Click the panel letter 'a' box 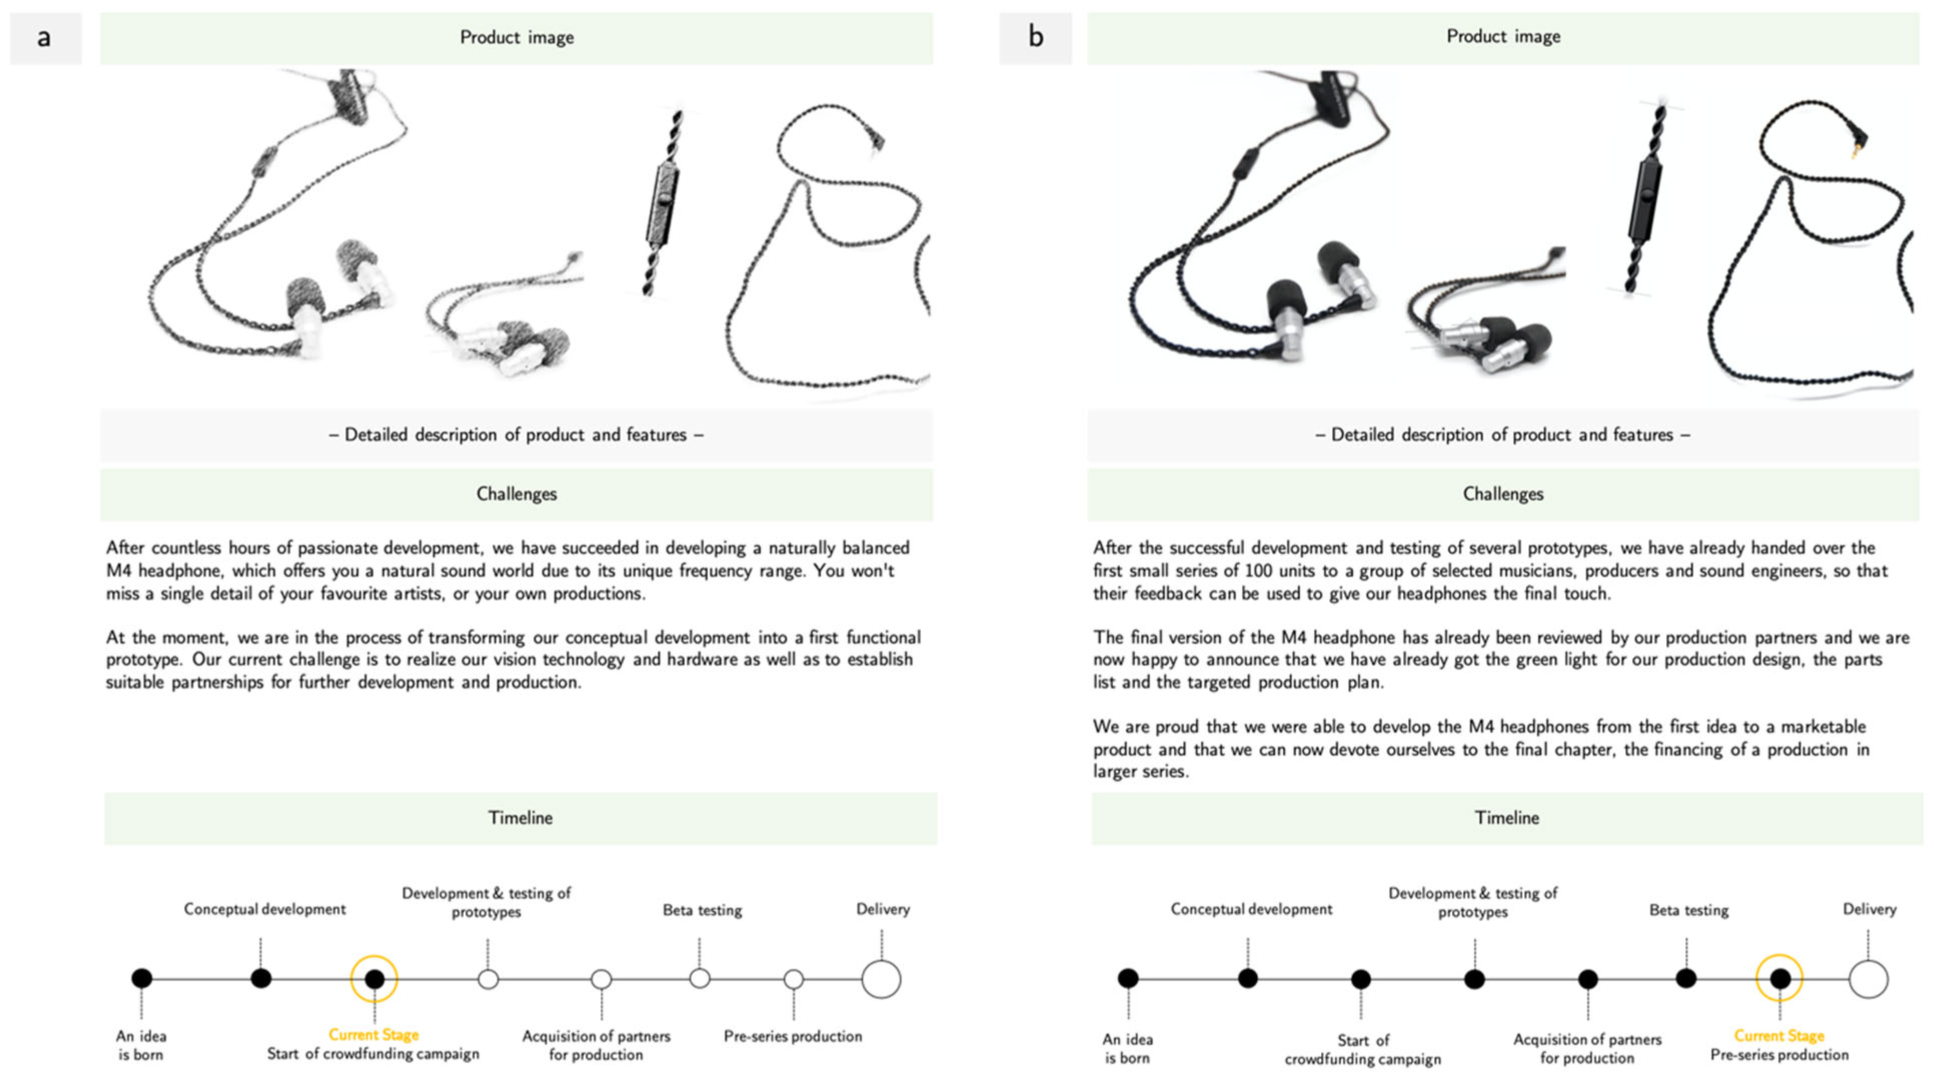(45, 37)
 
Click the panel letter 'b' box (1036, 37)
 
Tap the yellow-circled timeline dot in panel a (374, 978)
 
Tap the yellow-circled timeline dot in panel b (1779, 978)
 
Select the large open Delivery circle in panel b (1868, 978)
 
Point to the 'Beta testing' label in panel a (702, 910)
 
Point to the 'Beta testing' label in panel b (1688, 910)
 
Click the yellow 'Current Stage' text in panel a (373, 1034)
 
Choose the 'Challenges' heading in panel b (1503, 493)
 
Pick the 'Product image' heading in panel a (517, 37)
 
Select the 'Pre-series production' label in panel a (793, 1036)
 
